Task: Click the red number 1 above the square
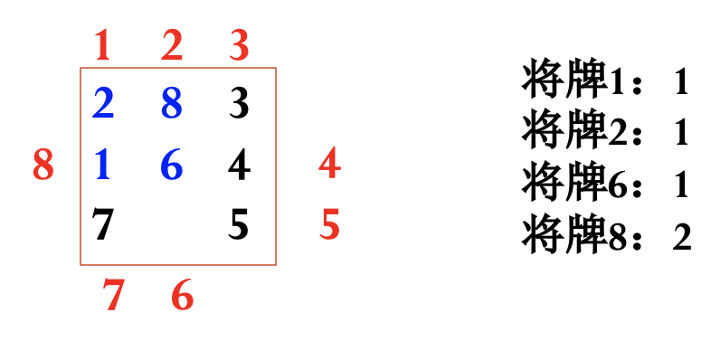pyautogui.click(x=102, y=46)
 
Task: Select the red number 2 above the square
pyautogui.click(x=172, y=46)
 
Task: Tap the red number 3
pyautogui.click(x=239, y=46)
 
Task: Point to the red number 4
pyautogui.click(x=329, y=165)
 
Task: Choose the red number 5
pyautogui.click(x=329, y=224)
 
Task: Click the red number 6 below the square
pyautogui.click(x=182, y=296)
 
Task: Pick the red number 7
pyautogui.click(x=113, y=296)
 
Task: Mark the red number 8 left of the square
pyautogui.click(x=43, y=166)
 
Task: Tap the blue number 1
pyautogui.click(x=102, y=165)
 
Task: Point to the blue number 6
pyautogui.click(x=172, y=165)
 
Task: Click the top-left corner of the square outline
pyautogui.click(x=81, y=68)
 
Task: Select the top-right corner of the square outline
pyautogui.click(x=276, y=68)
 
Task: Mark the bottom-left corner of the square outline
pyautogui.click(x=81, y=265)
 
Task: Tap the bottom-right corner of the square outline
pyautogui.click(x=276, y=265)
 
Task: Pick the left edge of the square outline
pyautogui.click(x=81, y=217)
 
